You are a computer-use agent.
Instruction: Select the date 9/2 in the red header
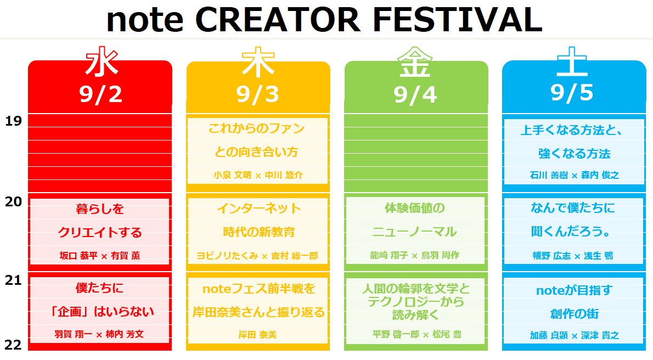pyautogui.click(x=100, y=94)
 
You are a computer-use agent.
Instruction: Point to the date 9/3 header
pyautogui.click(x=258, y=94)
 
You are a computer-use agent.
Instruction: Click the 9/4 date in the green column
pyautogui.click(x=415, y=94)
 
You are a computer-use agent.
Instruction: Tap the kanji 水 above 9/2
pyautogui.click(x=100, y=63)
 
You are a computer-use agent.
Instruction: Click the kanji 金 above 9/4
pyautogui.click(x=415, y=63)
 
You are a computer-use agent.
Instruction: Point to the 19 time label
pyautogui.click(x=13, y=121)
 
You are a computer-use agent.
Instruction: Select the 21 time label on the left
pyautogui.click(x=13, y=280)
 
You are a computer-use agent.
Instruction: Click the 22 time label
pyautogui.click(x=13, y=345)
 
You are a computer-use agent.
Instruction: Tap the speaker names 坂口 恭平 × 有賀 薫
pyautogui.click(x=100, y=256)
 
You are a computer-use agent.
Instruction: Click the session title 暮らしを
pyautogui.click(x=100, y=209)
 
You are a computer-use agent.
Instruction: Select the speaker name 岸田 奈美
pyautogui.click(x=257, y=334)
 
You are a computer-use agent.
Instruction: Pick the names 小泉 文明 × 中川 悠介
pyautogui.click(x=258, y=175)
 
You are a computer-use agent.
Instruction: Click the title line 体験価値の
pyautogui.click(x=415, y=208)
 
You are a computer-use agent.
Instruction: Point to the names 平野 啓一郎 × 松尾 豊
pyautogui.click(x=415, y=334)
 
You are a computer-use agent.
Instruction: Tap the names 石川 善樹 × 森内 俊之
pyautogui.click(x=574, y=175)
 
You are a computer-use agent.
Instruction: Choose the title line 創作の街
pyautogui.click(x=574, y=313)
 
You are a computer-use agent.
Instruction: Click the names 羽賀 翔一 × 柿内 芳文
pyautogui.click(x=100, y=334)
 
